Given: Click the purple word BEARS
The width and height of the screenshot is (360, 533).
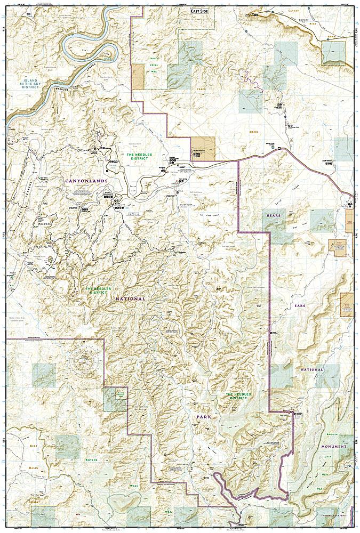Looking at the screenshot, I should coord(273,215).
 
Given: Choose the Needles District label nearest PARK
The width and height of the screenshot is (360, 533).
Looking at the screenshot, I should coord(229,395).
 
